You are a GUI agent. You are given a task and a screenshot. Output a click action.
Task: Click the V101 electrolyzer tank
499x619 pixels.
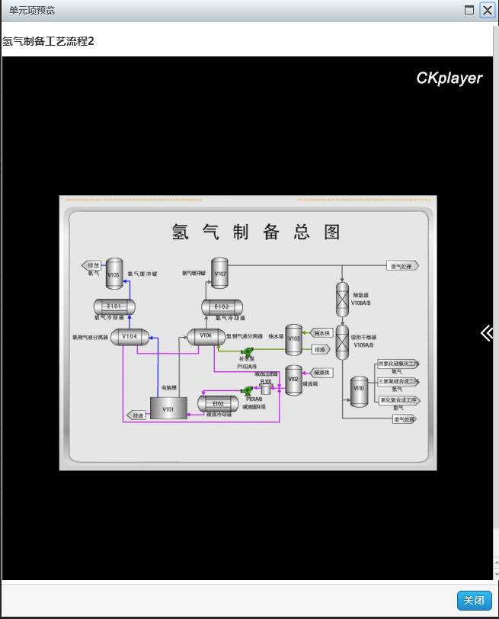pyautogui.click(x=168, y=408)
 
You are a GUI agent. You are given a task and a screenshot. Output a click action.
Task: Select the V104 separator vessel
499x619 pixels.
pyautogui.click(x=130, y=336)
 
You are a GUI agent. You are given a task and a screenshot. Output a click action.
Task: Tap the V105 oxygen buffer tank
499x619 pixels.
pyautogui.click(x=114, y=274)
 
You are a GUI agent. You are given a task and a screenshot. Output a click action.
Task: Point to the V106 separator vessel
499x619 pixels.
pyautogui.click(x=206, y=336)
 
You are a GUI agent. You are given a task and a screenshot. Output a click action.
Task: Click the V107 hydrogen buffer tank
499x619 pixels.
pyautogui.click(x=219, y=274)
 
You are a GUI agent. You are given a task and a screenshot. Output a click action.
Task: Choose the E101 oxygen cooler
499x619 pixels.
pyautogui.click(x=114, y=306)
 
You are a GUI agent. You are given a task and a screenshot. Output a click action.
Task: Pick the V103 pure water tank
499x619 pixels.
pyautogui.click(x=294, y=339)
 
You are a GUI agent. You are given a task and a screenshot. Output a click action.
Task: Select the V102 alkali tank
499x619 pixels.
pyautogui.click(x=293, y=379)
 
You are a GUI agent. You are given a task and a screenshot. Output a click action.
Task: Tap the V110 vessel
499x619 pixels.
pyautogui.click(x=359, y=390)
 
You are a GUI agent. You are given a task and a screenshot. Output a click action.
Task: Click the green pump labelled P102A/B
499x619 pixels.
pyautogui.click(x=248, y=351)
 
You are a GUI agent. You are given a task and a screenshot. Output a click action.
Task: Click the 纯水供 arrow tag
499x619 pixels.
pyautogui.click(x=322, y=333)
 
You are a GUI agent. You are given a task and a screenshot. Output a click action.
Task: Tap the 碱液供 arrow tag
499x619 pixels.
pyautogui.click(x=322, y=373)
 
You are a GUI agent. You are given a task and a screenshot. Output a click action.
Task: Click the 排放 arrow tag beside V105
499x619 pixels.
pyautogui.click(x=92, y=265)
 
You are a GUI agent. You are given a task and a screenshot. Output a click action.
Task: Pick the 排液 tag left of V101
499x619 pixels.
pyautogui.click(x=136, y=415)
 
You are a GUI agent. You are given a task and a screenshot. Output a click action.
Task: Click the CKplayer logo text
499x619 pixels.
pyautogui.click(x=449, y=79)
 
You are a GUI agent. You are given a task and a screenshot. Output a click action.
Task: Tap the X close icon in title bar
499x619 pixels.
pyautogui.click(x=487, y=11)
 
